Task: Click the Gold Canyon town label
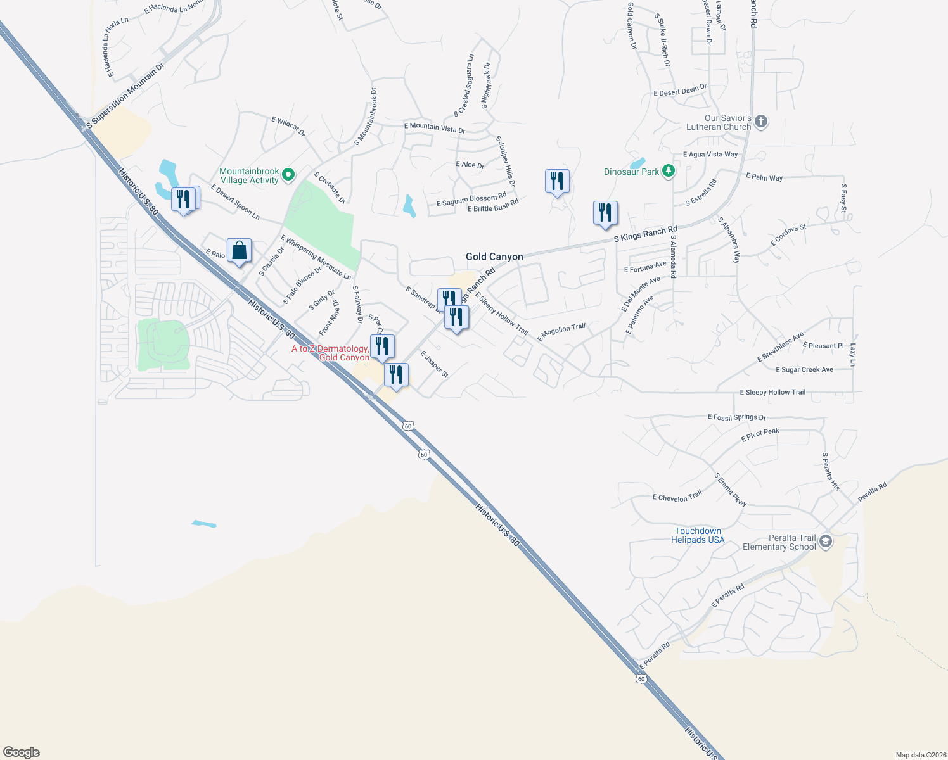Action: point(494,256)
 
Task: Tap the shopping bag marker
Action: point(240,251)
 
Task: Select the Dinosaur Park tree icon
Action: point(668,171)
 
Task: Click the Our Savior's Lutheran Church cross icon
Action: point(761,122)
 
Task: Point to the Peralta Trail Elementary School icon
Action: point(825,541)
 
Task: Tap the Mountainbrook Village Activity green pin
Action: point(288,174)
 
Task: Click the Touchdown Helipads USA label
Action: point(698,536)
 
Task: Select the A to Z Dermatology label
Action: point(330,353)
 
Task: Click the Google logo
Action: point(22,752)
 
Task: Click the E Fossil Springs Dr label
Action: point(736,417)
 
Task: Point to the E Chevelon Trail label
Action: point(677,497)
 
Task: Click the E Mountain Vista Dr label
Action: point(435,127)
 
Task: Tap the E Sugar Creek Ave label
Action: point(804,370)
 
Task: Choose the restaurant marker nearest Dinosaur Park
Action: point(605,213)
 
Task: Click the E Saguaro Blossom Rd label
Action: point(471,199)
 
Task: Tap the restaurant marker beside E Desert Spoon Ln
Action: point(184,199)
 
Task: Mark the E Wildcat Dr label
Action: point(288,126)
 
